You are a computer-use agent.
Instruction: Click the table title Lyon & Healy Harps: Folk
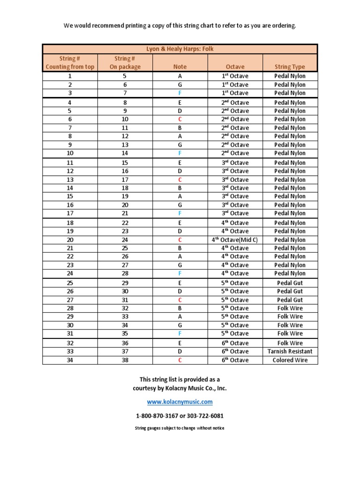180,48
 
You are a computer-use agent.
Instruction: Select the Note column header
180,67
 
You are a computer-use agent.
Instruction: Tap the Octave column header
235,67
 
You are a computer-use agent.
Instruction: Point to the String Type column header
290,67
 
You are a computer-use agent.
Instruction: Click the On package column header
125,67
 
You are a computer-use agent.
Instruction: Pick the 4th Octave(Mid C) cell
235,240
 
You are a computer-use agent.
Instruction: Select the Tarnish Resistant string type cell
290,352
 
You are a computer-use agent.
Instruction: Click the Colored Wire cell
290,360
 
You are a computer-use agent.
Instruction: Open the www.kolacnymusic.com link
180,402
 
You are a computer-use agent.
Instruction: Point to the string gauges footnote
180,428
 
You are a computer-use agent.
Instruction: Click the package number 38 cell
125,360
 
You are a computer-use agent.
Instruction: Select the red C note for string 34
180,360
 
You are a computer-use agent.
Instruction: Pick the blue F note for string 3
180,93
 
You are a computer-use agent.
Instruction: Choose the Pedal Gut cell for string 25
290,283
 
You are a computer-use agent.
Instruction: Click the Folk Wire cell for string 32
290,343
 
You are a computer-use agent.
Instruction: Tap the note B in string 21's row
180,248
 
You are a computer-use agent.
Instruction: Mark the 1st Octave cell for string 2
235,85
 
